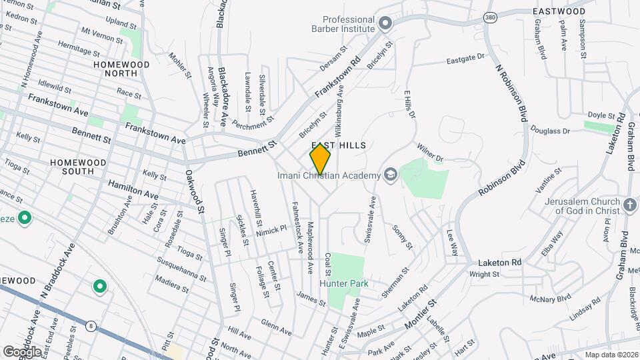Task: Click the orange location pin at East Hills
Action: tap(320, 159)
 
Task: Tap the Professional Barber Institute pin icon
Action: tap(385, 24)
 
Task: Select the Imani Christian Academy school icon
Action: tap(391, 175)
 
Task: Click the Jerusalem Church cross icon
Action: tap(629, 205)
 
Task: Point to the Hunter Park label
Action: tap(344, 283)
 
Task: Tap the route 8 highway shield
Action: tap(90, 325)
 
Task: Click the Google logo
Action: tap(23, 351)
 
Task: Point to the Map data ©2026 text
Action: tap(611, 355)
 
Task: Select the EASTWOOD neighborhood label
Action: tap(559, 11)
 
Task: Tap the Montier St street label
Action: tap(421, 314)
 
